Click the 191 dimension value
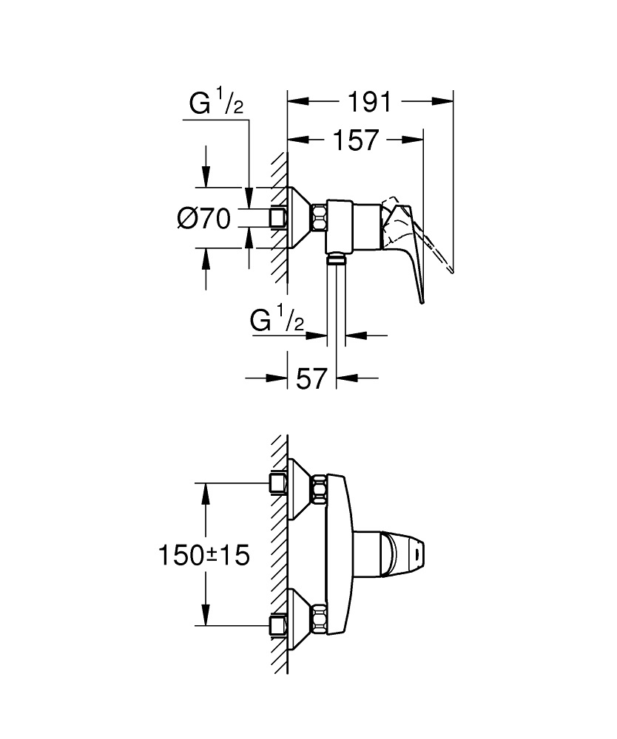tap(371, 102)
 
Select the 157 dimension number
tap(355, 140)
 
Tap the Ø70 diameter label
tap(204, 219)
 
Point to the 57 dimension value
tap(311, 379)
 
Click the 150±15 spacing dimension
tap(203, 555)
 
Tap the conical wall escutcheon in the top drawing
tap(300, 218)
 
